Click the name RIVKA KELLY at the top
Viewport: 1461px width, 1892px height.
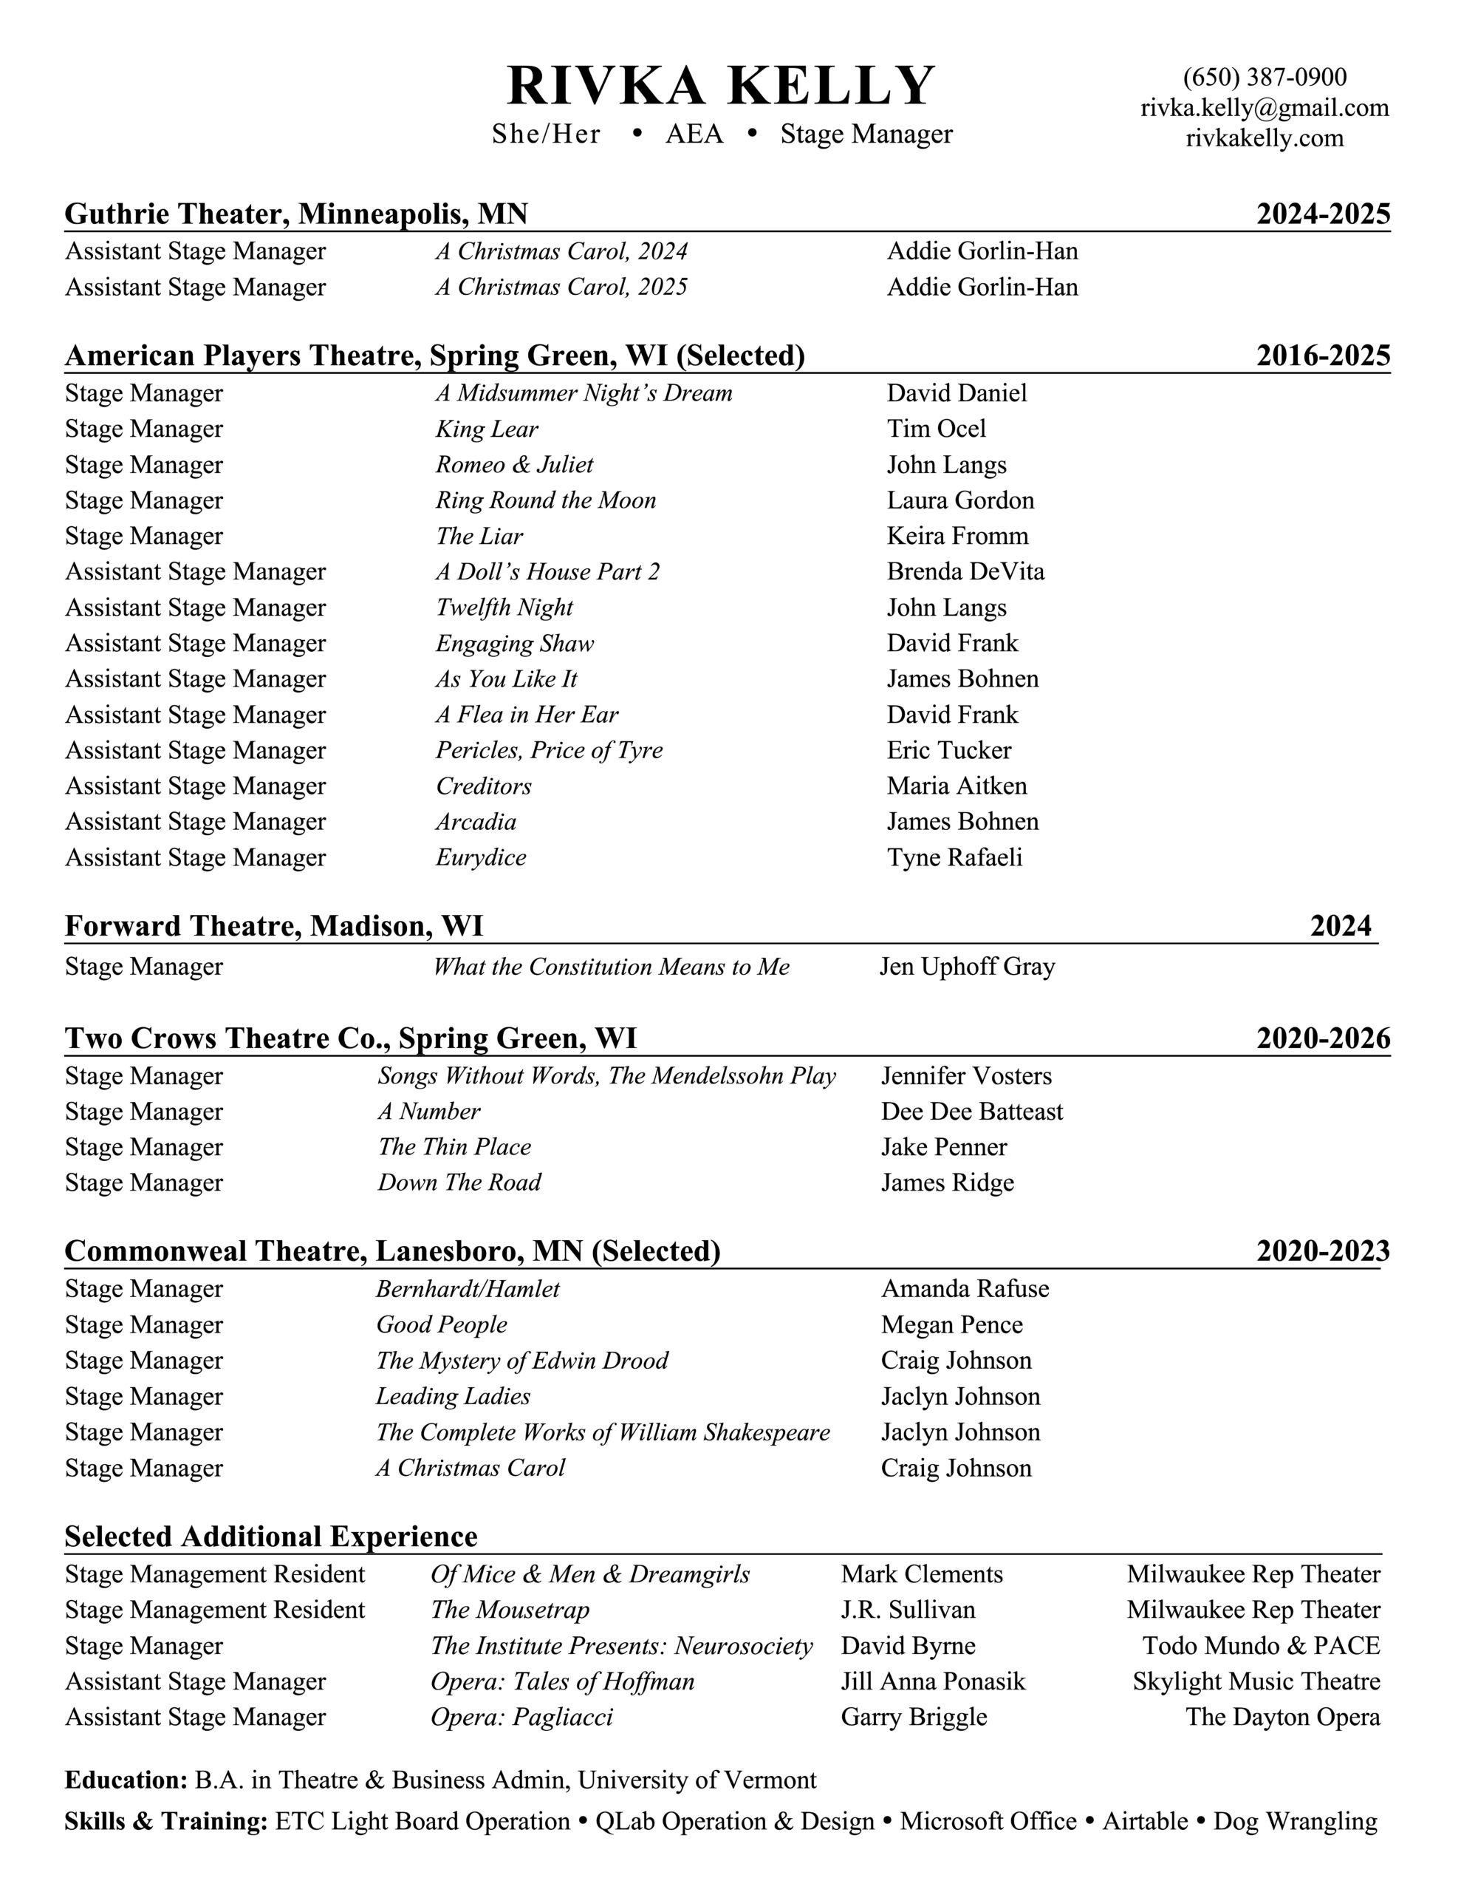click(721, 86)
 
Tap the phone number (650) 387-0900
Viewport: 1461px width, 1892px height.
click(1265, 78)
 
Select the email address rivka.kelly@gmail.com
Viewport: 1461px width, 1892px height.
click(1265, 109)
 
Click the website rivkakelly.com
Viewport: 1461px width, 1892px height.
click(1265, 137)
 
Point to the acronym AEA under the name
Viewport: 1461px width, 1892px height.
click(694, 135)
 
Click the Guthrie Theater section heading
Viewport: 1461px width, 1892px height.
click(296, 214)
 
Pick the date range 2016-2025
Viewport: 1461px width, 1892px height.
click(1322, 355)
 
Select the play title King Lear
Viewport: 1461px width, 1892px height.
click(487, 429)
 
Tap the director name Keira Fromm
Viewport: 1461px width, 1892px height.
click(957, 537)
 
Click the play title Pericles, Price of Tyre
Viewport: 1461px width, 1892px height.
click(549, 750)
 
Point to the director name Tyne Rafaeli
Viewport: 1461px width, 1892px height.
click(954, 857)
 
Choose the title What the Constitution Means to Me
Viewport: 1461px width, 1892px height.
click(612, 967)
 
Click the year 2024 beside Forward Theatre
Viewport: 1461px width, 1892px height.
click(1340, 926)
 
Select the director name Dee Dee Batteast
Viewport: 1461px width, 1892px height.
click(972, 1112)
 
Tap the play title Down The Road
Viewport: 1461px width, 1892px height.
click(459, 1182)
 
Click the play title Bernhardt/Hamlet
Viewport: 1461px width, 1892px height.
click(468, 1289)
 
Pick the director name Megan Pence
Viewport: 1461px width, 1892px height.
click(952, 1324)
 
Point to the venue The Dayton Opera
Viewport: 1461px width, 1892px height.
click(1282, 1717)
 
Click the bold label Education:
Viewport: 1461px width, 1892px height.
click(126, 1780)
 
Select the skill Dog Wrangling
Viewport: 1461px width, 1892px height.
click(1295, 1821)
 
